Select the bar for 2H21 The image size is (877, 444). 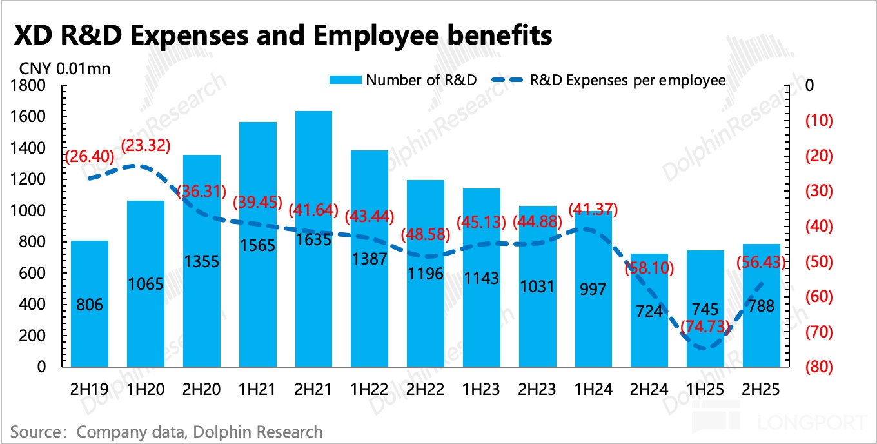(313, 239)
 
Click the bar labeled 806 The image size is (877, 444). (90, 303)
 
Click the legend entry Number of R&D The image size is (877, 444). (421, 80)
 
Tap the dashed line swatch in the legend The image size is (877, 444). (508, 80)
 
